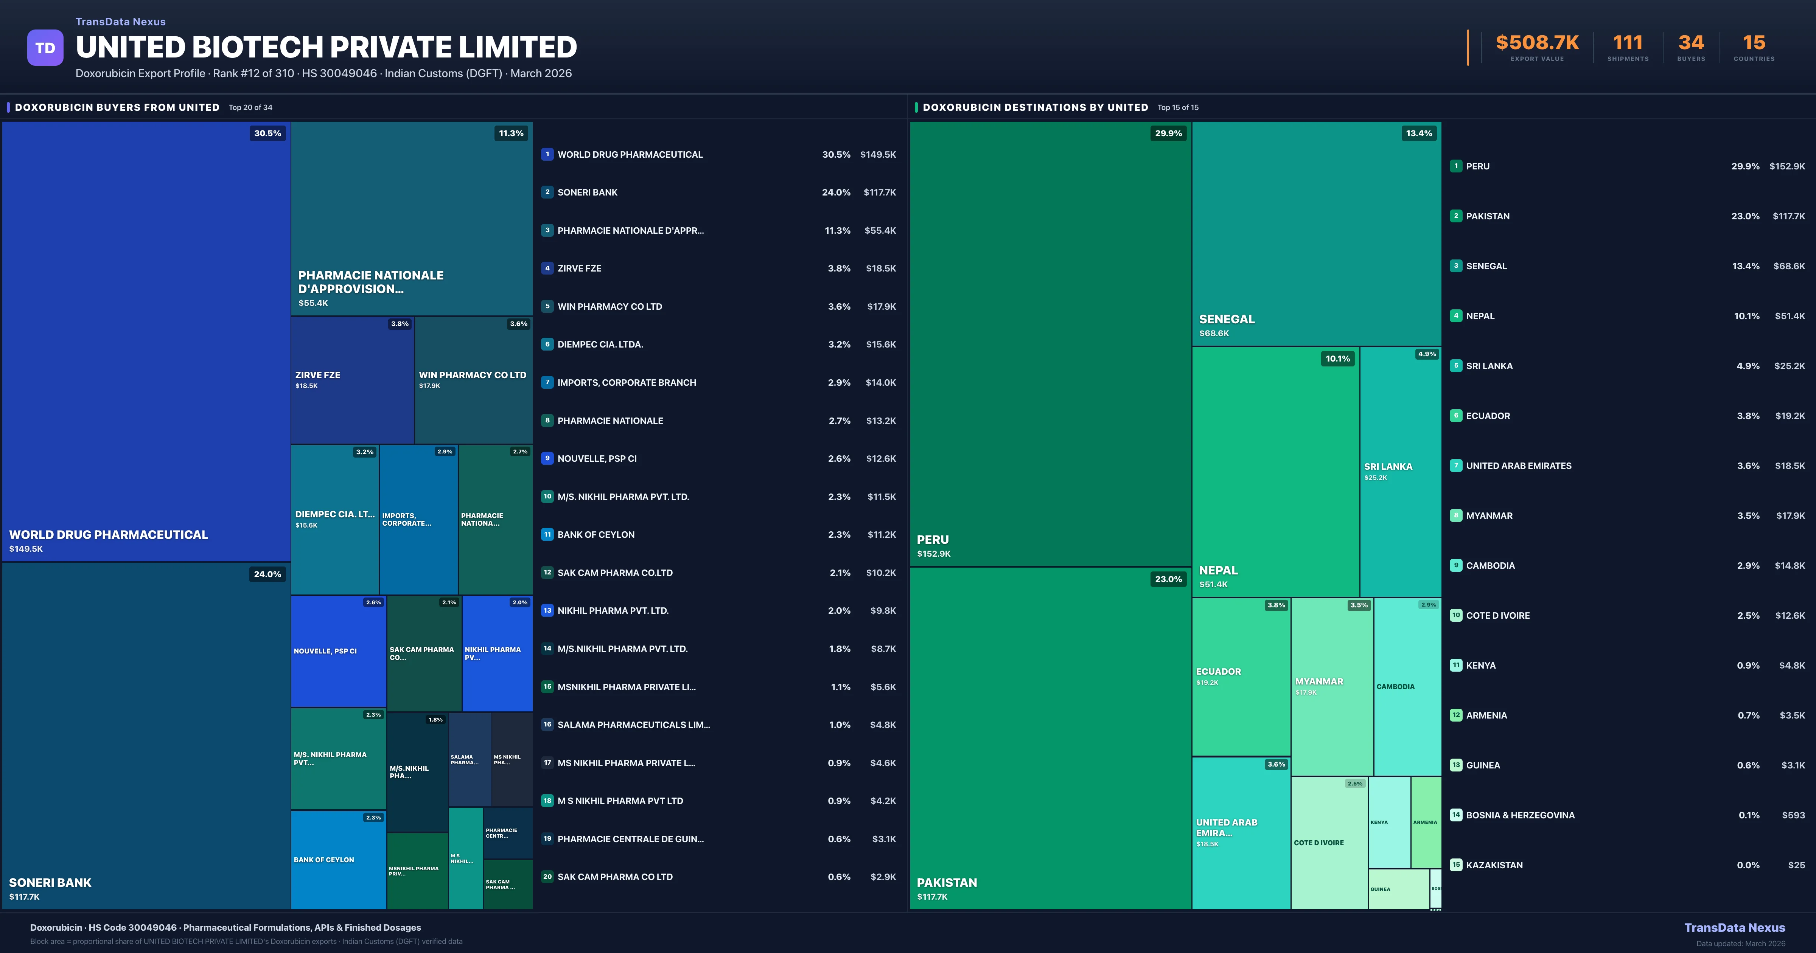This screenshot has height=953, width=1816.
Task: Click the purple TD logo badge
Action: tap(45, 48)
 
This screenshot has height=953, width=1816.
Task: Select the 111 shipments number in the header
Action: tap(1627, 43)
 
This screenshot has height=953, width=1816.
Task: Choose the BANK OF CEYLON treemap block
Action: tap(338, 860)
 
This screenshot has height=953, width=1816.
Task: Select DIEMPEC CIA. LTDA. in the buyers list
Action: tap(600, 345)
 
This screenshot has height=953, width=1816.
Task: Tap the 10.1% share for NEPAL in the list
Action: tap(1746, 316)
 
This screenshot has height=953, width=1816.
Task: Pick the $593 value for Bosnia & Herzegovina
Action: tap(1793, 815)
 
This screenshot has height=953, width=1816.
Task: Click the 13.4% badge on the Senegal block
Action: tap(1418, 133)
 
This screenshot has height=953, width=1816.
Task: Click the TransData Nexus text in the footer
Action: tap(1734, 928)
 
